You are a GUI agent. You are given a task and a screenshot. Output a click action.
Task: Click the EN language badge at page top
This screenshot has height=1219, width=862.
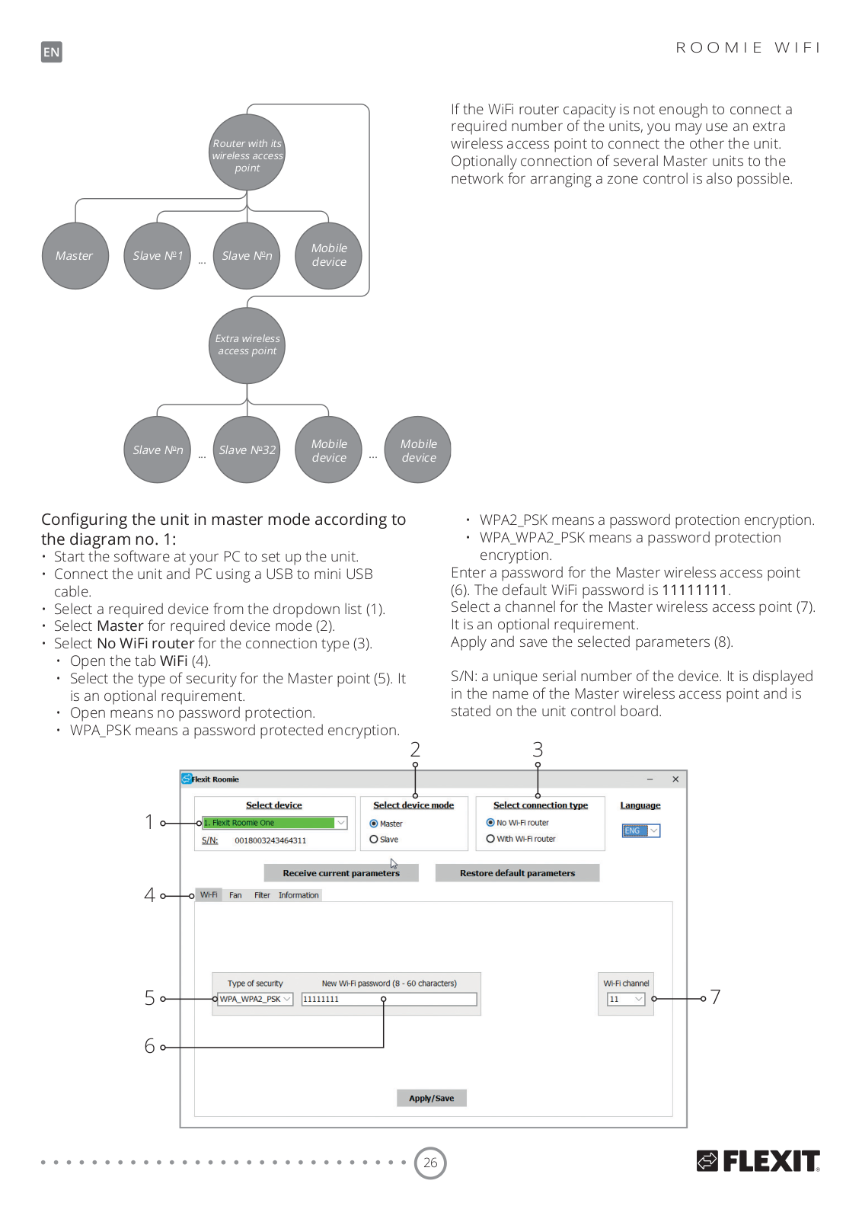(x=52, y=53)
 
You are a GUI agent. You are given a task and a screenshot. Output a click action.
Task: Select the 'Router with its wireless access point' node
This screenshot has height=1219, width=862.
(x=247, y=152)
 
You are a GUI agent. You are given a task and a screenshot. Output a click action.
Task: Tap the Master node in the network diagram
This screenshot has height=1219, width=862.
(x=75, y=256)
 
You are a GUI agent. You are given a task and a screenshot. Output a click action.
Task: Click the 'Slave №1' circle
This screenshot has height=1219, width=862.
(x=157, y=256)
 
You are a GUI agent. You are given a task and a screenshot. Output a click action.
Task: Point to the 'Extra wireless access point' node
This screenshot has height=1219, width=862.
(x=247, y=346)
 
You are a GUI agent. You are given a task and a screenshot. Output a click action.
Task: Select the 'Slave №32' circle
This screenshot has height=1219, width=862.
(x=247, y=450)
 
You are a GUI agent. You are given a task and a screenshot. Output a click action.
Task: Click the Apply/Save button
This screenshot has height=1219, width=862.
(x=431, y=1098)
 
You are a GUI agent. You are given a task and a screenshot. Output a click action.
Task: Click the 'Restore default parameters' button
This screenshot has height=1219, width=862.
(x=517, y=873)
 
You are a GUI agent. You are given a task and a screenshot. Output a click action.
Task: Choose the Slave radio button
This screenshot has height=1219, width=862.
(x=374, y=840)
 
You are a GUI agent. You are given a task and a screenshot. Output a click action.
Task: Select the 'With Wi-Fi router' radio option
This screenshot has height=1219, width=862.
(x=490, y=839)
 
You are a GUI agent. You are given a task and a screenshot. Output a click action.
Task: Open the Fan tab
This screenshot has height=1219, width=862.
(x=235, y=895)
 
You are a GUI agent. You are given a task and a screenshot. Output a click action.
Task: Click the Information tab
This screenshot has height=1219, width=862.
(x=299, y=895)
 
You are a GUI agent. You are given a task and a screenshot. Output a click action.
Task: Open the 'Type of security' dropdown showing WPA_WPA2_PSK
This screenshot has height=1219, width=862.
(x=255, y=999)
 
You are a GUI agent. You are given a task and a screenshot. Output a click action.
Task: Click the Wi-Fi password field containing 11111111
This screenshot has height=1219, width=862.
(x=389, y=999)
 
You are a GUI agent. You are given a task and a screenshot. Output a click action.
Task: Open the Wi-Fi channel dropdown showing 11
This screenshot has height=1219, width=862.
(x=626, y=999)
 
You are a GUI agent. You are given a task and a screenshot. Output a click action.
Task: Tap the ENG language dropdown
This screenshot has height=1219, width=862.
(x=641, y=830)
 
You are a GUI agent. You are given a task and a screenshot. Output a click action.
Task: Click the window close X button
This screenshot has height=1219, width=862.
(x=675, y=779)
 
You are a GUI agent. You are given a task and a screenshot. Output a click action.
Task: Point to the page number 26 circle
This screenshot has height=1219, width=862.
(x=430, y=1163)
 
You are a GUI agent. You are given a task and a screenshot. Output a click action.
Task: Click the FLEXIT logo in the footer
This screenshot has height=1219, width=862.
(x=758, y=1161)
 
